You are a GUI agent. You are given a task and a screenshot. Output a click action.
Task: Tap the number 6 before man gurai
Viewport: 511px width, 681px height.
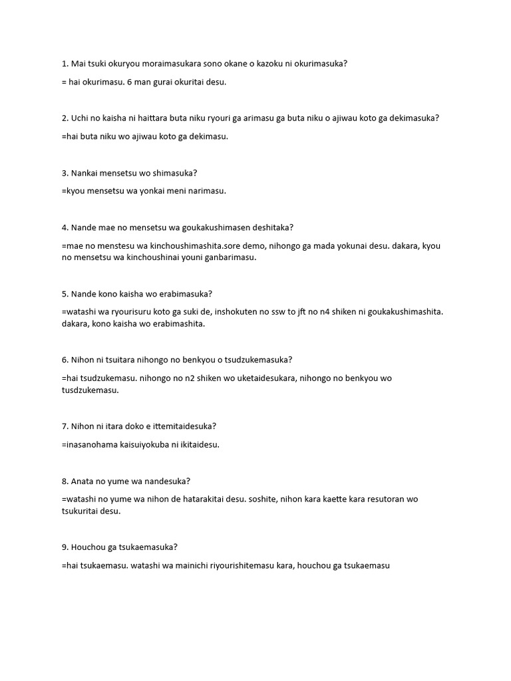129,82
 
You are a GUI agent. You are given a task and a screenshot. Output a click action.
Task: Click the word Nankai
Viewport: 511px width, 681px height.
86,173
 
